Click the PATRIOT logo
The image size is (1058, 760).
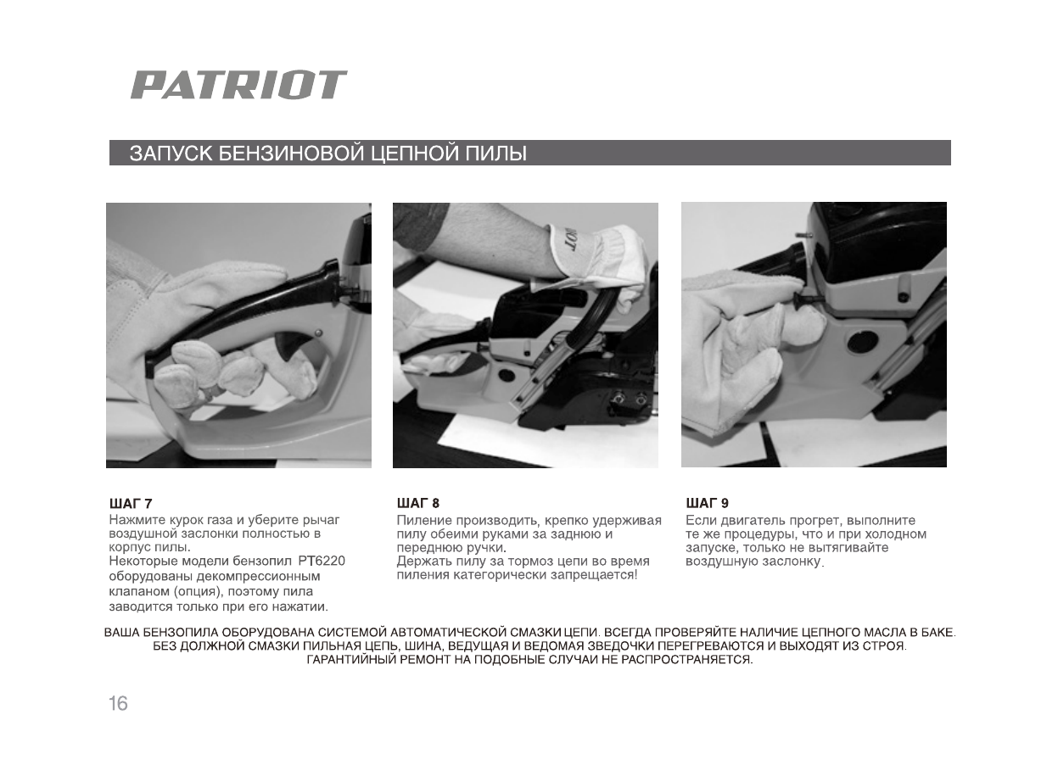point(238,85)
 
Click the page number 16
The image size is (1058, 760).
point(118,703)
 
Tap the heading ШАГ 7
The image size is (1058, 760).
point(131,504)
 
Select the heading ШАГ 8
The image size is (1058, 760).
point(418,504)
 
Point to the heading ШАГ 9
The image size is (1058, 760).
point(707,504)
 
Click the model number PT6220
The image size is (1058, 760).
point(322,562)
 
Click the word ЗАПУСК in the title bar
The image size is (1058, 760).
point(171,154)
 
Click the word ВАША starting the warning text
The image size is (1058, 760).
point(121,633)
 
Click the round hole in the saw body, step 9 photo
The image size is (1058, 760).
point(863,341)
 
